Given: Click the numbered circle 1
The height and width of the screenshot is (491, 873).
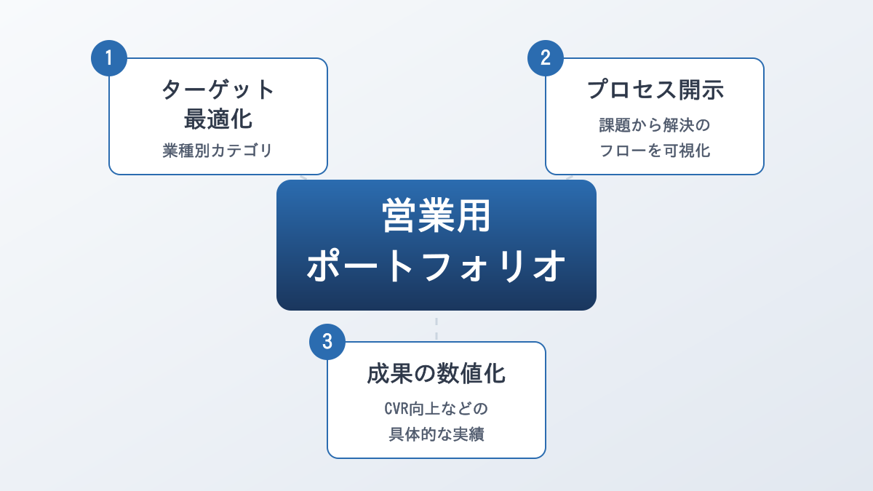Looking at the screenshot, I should (x=109, y=58).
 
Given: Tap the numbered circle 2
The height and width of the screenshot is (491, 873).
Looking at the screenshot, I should (x=546, y=58).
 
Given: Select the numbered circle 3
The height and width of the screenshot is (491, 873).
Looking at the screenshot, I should (x=327, y=342).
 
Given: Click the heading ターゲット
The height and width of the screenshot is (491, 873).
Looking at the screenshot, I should (x=218, y=89).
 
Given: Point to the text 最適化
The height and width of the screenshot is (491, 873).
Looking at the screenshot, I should (x=218, y=119).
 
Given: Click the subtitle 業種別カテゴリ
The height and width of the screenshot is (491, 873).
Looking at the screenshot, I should (x=218, y=151).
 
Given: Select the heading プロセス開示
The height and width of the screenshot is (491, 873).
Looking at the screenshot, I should (x=655, y=89).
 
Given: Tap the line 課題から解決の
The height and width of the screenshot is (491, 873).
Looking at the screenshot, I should (x=655, y=125).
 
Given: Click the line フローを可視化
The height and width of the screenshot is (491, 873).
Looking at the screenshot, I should (x=655, y=151).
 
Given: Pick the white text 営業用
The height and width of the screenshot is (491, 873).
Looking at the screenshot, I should (x=436, y=217).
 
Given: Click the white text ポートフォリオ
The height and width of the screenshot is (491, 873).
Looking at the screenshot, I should (x=436, y=266).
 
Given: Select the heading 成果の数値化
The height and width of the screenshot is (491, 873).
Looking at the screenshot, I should (x=436, y=374).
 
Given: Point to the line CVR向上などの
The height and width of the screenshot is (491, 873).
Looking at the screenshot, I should (x=436, y=409).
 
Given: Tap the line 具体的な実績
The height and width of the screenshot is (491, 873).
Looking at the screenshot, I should (x=436, y=434).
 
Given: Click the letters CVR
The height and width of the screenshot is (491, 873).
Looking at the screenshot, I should (x=399, y=409).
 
